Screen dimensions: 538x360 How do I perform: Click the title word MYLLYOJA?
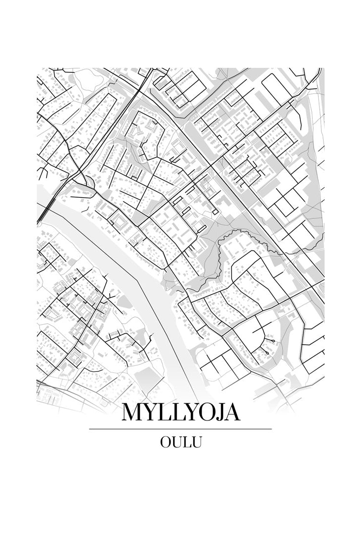180,412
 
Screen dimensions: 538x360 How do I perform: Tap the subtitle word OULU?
180,442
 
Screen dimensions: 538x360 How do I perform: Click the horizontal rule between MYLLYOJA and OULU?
180,429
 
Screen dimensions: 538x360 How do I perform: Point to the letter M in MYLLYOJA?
132,412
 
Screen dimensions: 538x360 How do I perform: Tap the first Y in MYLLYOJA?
150,412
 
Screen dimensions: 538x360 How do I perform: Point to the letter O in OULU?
165,442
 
